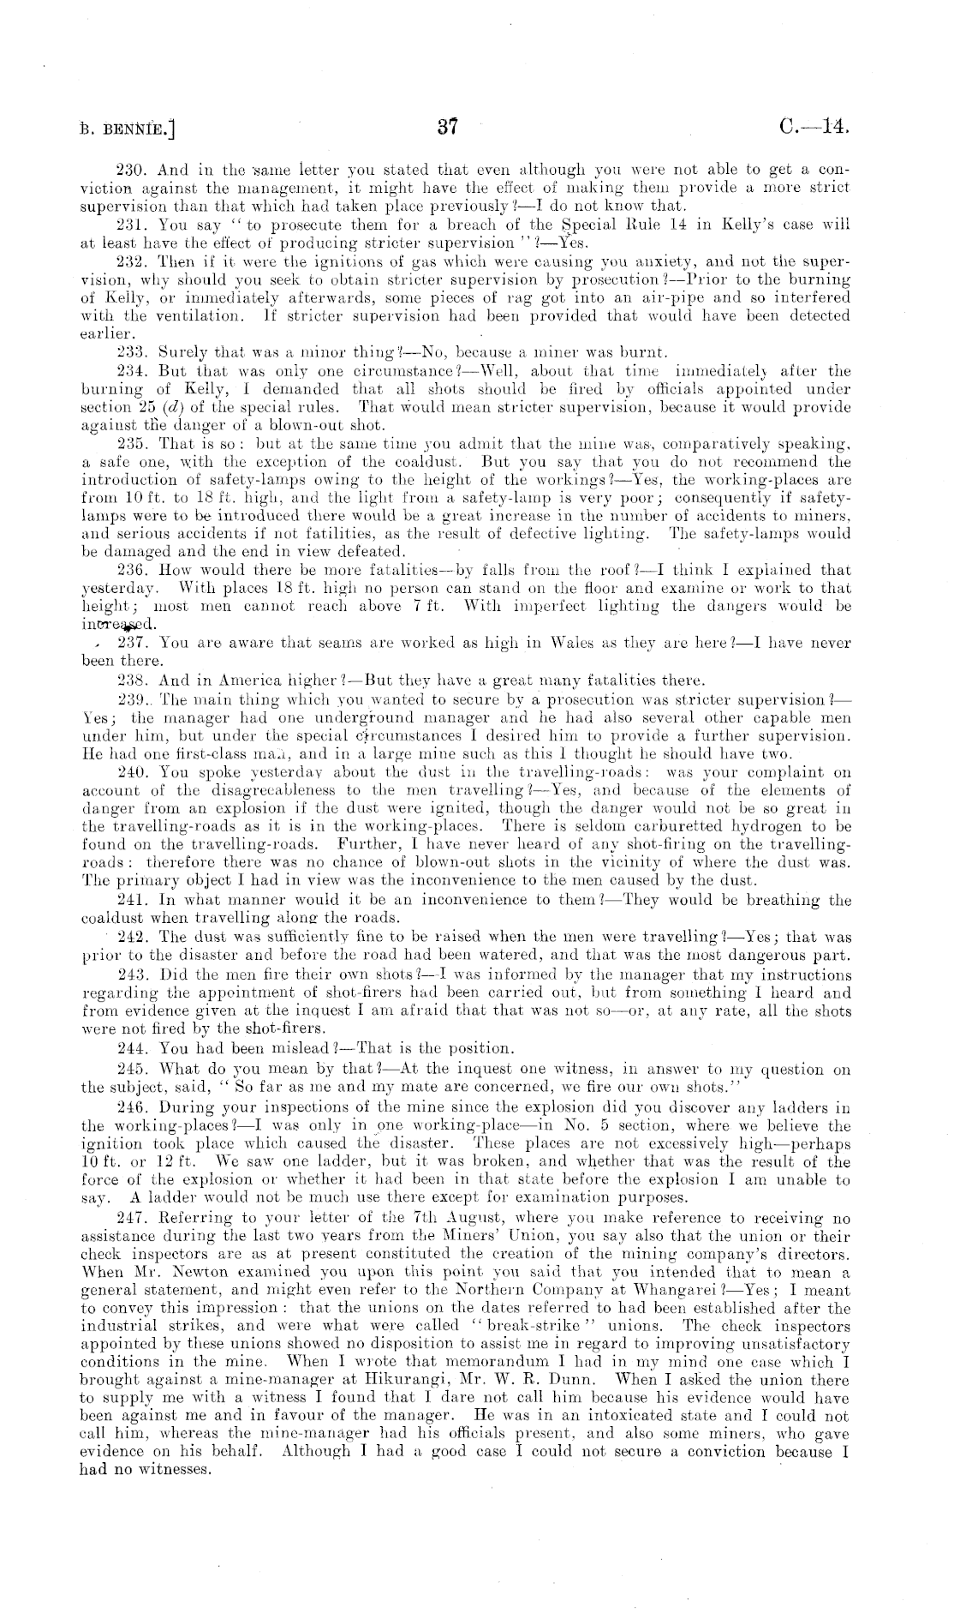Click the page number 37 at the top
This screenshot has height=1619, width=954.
[446, 129]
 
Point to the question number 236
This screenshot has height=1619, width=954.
[128, 570]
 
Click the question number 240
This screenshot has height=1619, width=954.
[128, 772]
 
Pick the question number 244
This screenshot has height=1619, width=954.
[128, 1049]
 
